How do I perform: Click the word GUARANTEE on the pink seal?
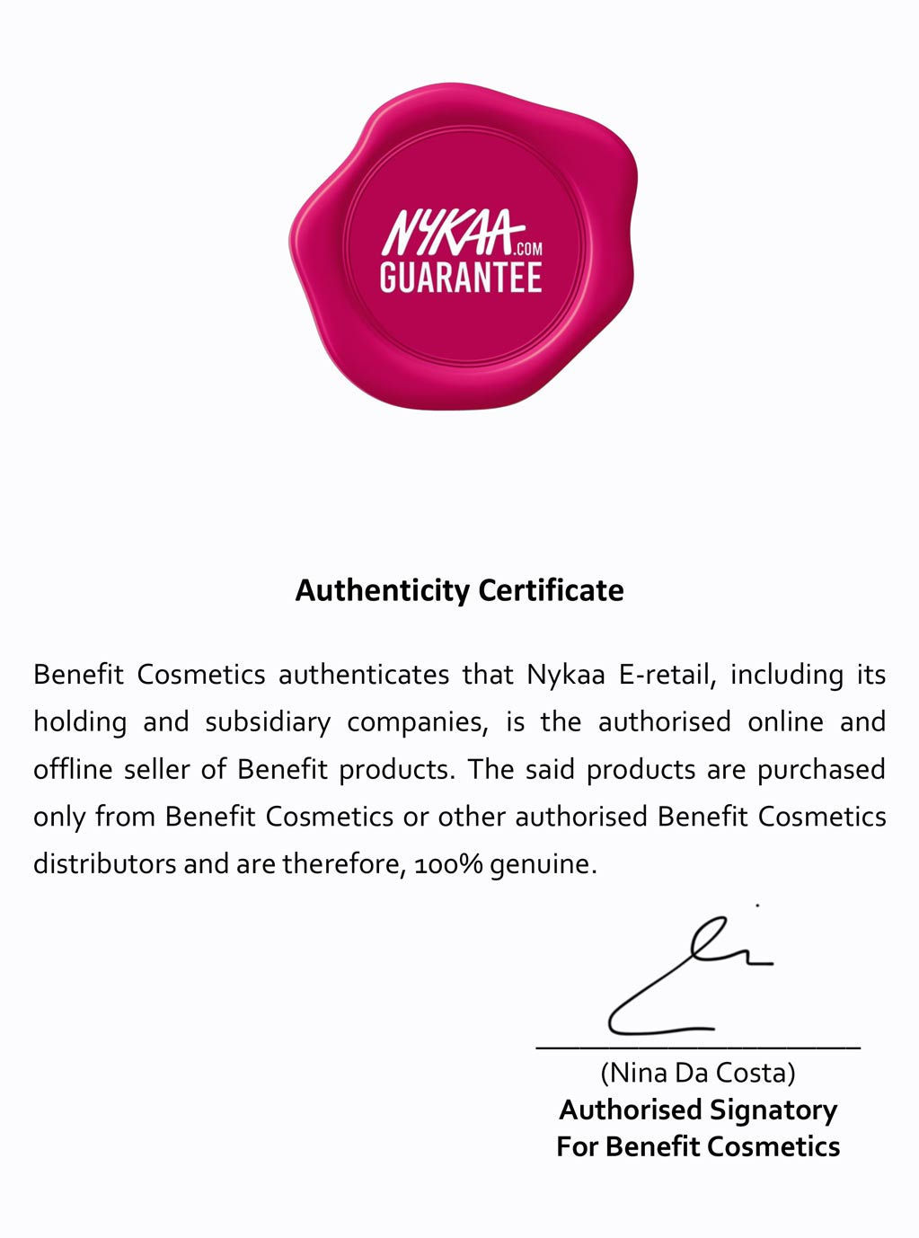coord(461,277)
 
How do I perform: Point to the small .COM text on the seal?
coord(528,250)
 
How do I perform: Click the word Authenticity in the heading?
coord(383,591)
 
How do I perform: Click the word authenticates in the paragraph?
coord(364,675)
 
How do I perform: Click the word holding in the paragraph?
coord(80,722)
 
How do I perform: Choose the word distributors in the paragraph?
coord(104,864)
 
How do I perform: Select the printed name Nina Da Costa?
coord(697,1073)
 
